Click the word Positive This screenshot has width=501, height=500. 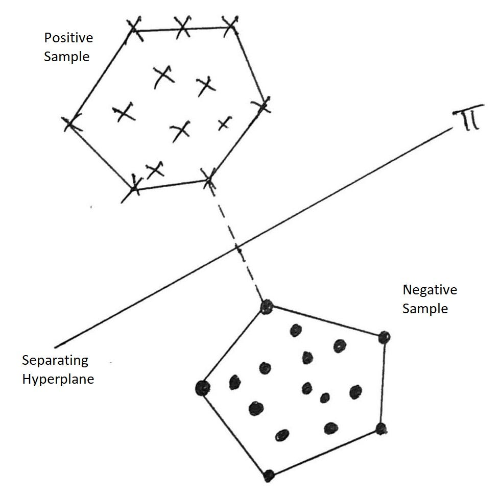68,38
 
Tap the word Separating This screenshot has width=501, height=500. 55,361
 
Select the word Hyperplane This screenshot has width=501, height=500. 58,379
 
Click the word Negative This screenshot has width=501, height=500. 430,290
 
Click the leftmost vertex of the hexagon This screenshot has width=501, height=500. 71,123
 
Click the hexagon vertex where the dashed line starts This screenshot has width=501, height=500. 208,179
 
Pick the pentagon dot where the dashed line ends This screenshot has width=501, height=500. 267,307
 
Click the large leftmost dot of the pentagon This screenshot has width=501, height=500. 203,388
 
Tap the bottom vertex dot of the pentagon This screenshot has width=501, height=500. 269,476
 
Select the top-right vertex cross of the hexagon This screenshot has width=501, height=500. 231,26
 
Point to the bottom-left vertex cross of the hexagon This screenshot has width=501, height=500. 134,188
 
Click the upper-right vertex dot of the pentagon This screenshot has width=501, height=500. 384,337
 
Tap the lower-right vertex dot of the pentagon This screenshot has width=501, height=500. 381,429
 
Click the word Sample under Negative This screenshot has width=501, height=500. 425,309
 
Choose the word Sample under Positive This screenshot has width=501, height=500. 66,57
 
